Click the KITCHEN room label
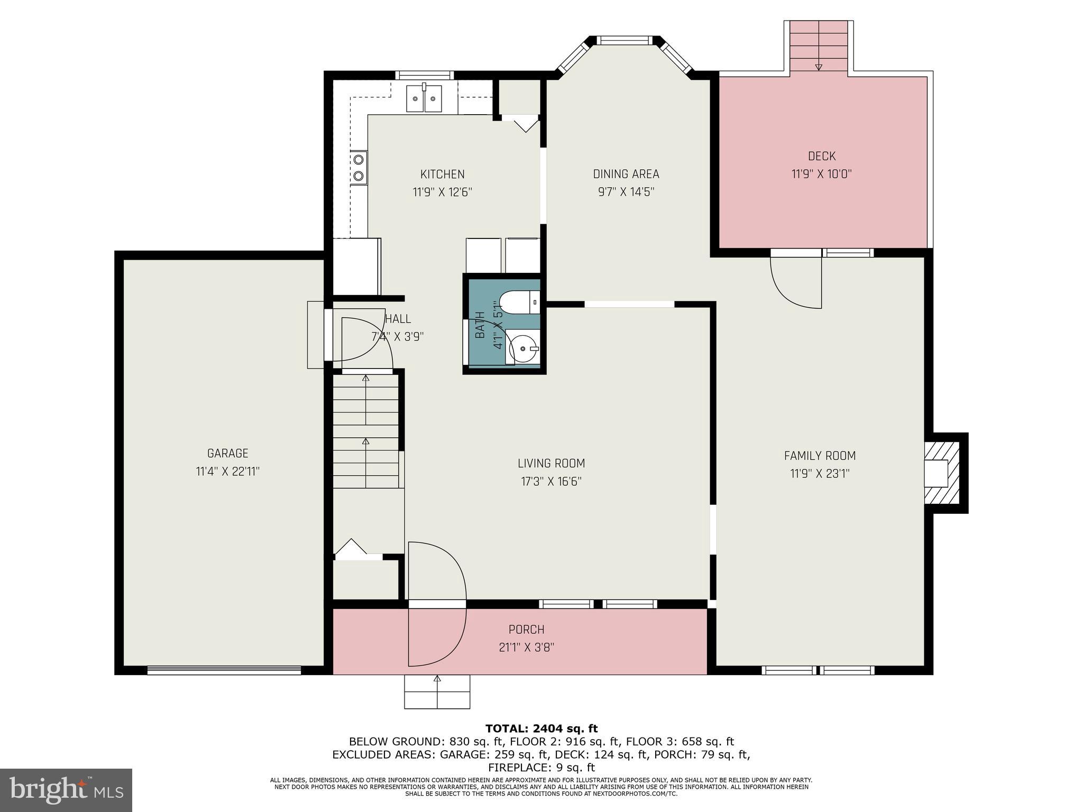[x=442, y=174]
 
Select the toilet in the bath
[x=516, y=302]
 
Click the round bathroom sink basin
[x=522, y=348]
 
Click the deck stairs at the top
[x=819, y=46]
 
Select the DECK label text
[x=821, y=156]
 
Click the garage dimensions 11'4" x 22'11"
[x=227, y=471]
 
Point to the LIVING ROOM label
[x=551, y=463]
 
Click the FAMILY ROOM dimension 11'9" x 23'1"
[x=820, y=474]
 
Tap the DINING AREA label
[x=626, y=174]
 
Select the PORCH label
[x=526, y=629]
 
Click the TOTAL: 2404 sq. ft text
[x=541, y=728]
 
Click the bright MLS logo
[x=66, y=790]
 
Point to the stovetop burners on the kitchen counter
[x=359, y=167]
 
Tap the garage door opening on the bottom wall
[x=224, y=670]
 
